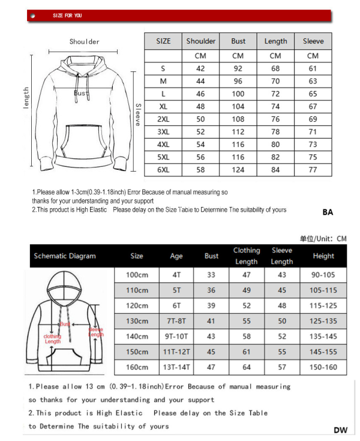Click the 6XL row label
163,170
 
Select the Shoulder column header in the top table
201,41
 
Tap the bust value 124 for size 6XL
238,170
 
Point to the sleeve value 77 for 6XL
313,170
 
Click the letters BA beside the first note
328,212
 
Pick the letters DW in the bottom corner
340,430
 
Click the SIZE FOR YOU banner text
67,16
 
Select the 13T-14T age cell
176,367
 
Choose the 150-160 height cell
323,367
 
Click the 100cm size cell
137,275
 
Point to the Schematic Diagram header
65,256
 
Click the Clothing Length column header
247,256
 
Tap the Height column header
323,256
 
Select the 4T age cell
176,275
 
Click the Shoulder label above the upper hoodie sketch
85,41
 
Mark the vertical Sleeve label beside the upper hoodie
137,114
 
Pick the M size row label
163,81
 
